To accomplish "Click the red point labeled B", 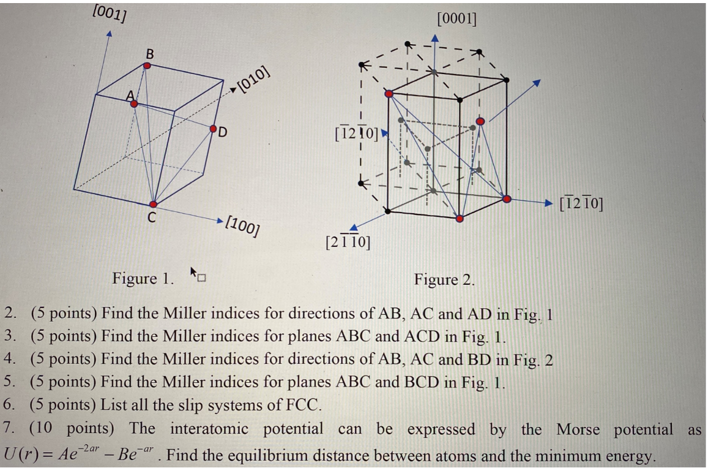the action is click(x=147, y=64).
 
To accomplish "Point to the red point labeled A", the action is click(x=134, y=104).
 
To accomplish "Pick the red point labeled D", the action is click(x=214, y=129).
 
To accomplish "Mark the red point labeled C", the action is click(x=153, y=204).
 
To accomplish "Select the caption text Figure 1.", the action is click(x=143, y=279).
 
